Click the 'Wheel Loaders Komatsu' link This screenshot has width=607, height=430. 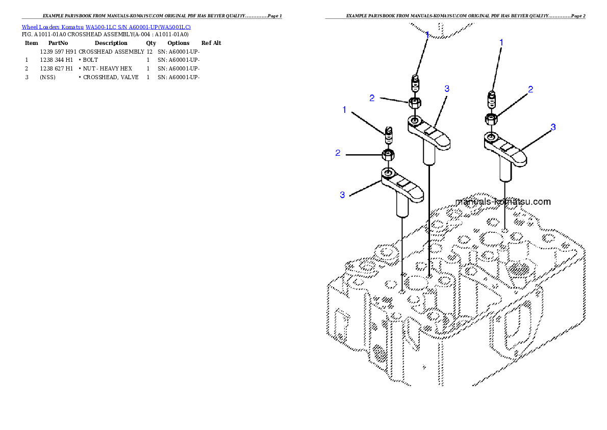pyautogui.click(x=53, y=27)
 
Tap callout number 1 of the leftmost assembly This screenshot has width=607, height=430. pyautogui.click(x=345, y=110)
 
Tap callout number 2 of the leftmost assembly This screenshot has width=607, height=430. pyautogui.click(x=338, y=153)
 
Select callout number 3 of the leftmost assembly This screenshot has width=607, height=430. pyautogui.click(x=342, y=195)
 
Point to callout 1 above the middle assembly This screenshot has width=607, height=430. pyautogui.click(x=427, y=35)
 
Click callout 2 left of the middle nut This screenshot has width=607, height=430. pyautogui.click(x=372, y=98)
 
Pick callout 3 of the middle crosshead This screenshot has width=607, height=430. pyautogui.click(x=447, y=88)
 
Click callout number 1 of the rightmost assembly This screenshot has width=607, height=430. pyautogui.click(x=501, y=43)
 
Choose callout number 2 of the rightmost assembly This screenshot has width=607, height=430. pyautogui.click(x=530, y=89)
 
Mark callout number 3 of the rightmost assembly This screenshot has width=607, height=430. pyautogui.click(x=553, y=127)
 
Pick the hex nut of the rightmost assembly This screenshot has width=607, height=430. pyautogui.click(x=491, y=120)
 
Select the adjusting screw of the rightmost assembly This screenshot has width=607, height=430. pyautogui.click(x=492, y=98)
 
